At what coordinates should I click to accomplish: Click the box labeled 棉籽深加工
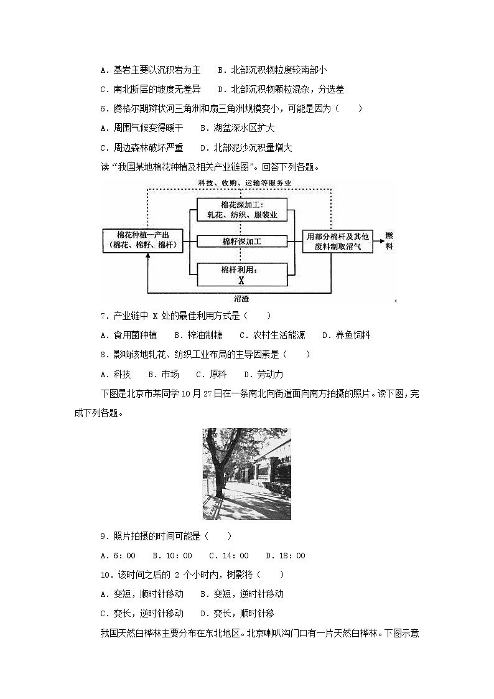pyautogui.click(x=241, y=241)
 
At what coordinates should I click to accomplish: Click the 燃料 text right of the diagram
pyautogui.click(x=389, y=241)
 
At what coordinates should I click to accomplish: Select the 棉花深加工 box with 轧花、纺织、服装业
pyautogui.click(x=241, y=210)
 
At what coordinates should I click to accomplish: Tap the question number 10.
pyautogui.click(x=105, y=575)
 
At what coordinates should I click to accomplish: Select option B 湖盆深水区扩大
pyautogui.click(x=237, y=128)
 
